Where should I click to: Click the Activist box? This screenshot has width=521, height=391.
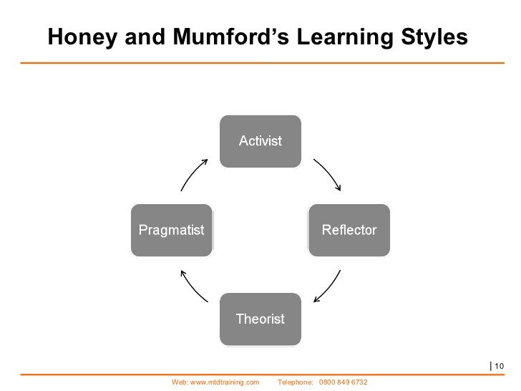tap(260, 141)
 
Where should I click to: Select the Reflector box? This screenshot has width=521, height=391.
tap(349, 230)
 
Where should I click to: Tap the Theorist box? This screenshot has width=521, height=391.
tap(260, 319)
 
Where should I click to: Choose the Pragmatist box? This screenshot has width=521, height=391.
tap(171, 230)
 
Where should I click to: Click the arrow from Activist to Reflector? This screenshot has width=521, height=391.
tap(326, 173)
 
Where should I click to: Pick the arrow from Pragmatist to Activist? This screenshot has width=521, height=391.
tap(195, 174)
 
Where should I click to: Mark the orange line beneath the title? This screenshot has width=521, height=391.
tap(260, 63)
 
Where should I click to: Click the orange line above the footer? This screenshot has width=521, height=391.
tap(260, 375)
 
